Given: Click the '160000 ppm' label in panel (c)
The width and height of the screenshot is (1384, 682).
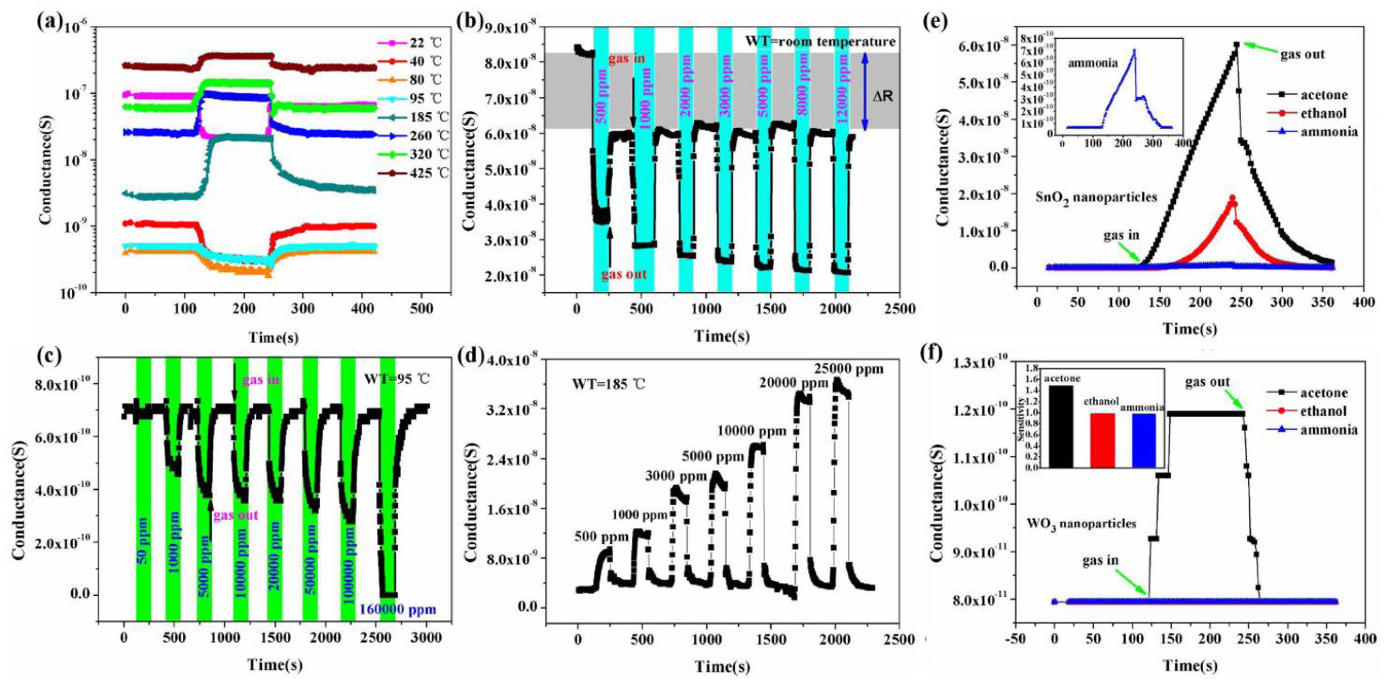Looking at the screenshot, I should point(398,609).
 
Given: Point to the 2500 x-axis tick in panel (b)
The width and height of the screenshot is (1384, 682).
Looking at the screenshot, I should point(900,309).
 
